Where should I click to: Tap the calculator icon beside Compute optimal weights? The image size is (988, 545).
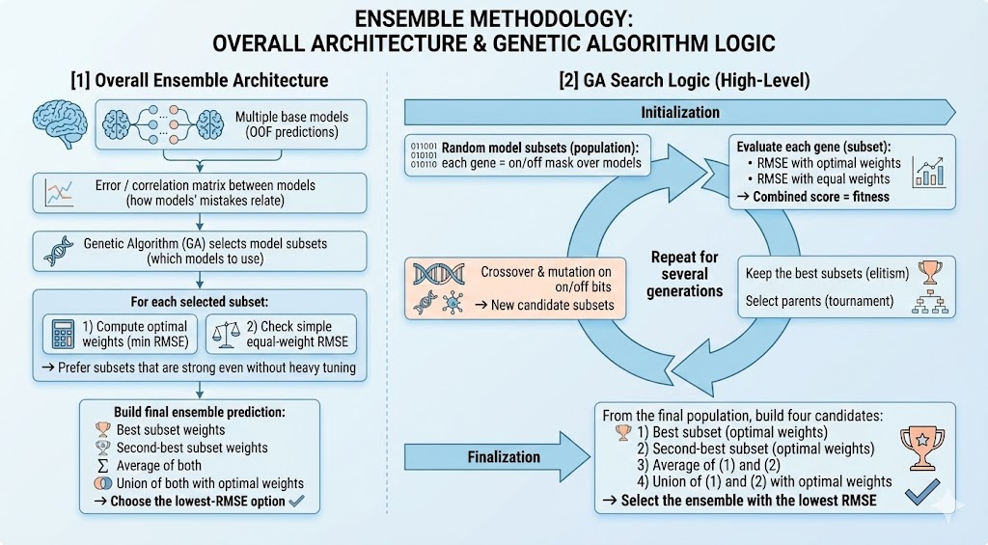click(63, 334)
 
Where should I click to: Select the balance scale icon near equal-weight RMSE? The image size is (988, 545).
click(227, 334)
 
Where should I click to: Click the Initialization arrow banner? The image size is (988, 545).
click(680, 112)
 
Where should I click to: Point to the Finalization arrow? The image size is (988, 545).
click(497, 456)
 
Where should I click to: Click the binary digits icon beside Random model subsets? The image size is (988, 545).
click(424, 155)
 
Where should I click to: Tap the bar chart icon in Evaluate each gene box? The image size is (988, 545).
click(929, 172)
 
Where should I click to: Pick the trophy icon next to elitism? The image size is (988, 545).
click(930, 273)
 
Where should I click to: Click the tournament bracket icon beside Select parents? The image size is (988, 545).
click(930, 303)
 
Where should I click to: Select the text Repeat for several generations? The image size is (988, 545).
click(685, 274)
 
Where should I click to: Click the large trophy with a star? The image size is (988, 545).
click(921, 448)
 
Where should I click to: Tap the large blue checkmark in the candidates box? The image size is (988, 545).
click(922, 491)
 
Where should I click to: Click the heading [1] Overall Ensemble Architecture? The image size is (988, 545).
click(200, 81)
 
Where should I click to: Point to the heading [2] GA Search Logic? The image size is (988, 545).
click(684, 81)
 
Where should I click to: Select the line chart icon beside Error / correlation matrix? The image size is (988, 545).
click(59, 193)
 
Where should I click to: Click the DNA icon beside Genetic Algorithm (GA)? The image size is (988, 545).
click(59, 251)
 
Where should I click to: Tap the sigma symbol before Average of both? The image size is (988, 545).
click(102, 466)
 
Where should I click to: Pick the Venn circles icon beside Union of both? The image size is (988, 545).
click(102, 483)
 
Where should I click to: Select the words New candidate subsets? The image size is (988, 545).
click(553, 305)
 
